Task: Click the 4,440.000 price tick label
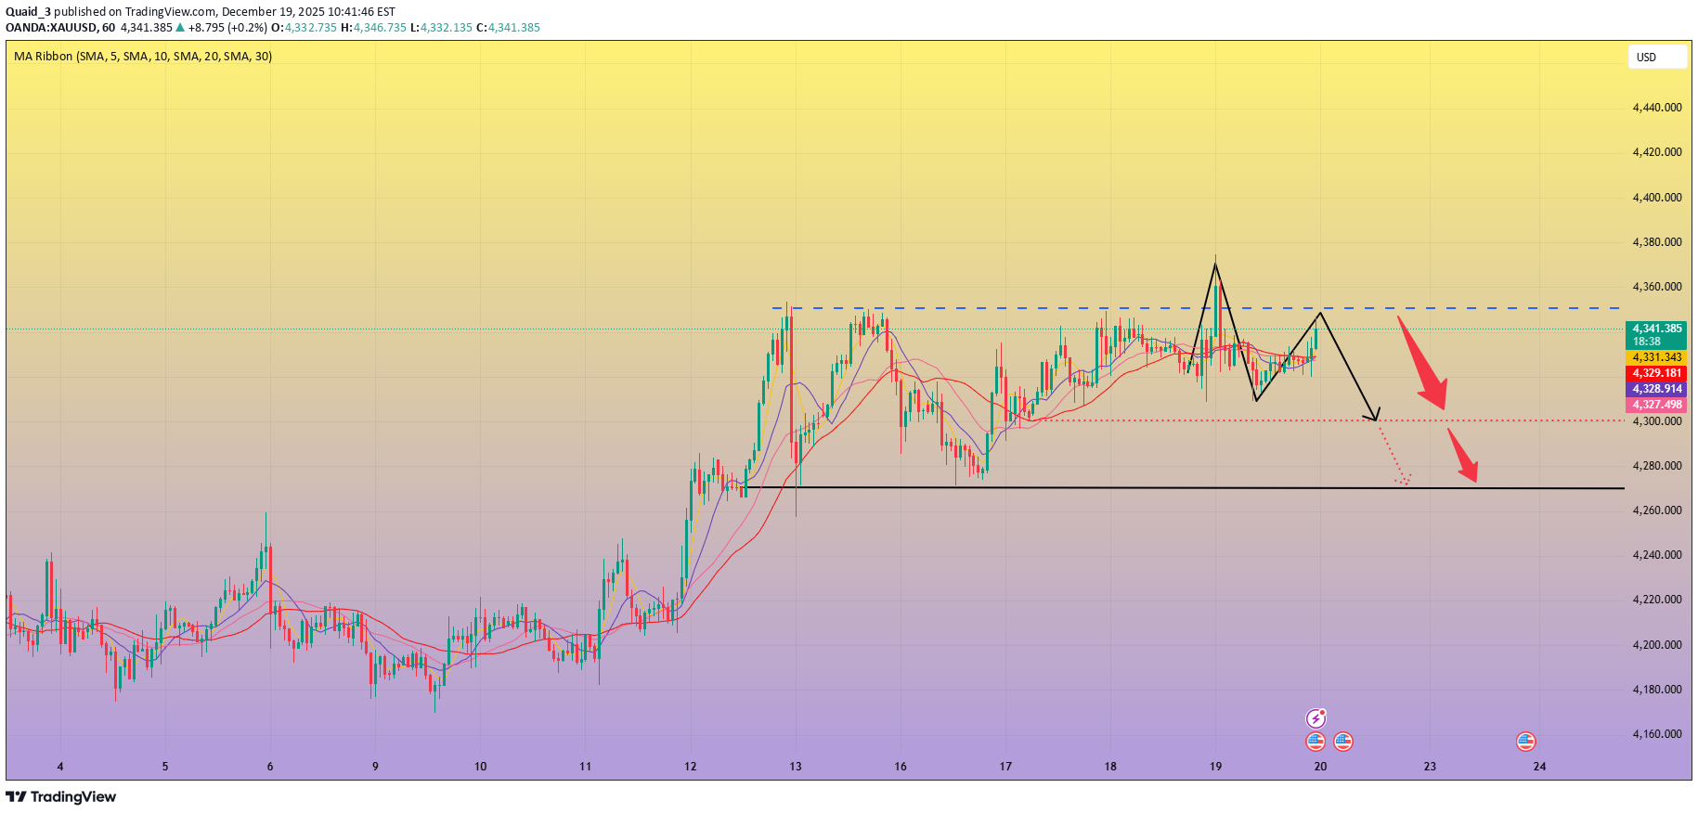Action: (1656, 108)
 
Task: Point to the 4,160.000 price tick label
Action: (1656, 734)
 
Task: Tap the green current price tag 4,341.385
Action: (1656, 329)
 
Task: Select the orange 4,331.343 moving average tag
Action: (1656, 357)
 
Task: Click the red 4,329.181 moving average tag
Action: (1656, 373)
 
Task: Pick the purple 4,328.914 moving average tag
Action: (1656, 389)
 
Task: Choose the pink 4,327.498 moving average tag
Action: (1656, 405)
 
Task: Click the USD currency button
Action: (1656, 58)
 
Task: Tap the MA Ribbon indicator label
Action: (143, 57)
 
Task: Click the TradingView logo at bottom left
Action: (61, 796)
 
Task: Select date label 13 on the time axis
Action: (796, 767)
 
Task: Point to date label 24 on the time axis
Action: (1539, 767)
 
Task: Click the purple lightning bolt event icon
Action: (1316, 718)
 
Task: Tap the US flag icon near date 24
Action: (1525, 742)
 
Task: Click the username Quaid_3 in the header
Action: (28, 12)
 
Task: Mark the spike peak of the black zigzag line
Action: (1215, 265)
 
